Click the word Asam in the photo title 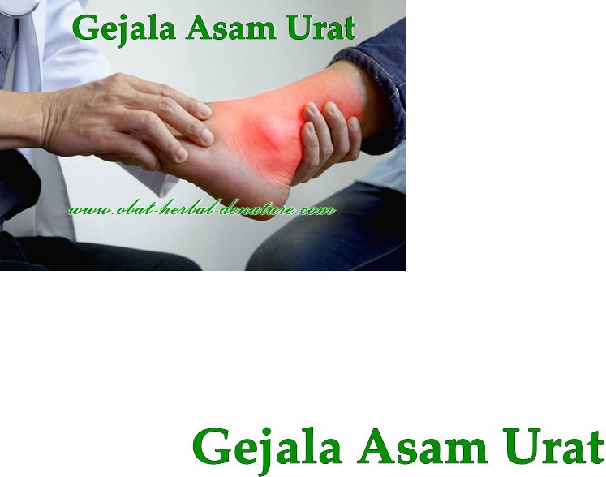coord(230,28)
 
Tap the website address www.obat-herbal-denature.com coord(201,210)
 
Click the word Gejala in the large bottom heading coord(267,449)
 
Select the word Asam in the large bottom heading coord(423,445)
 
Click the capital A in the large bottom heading coord(376,445)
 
